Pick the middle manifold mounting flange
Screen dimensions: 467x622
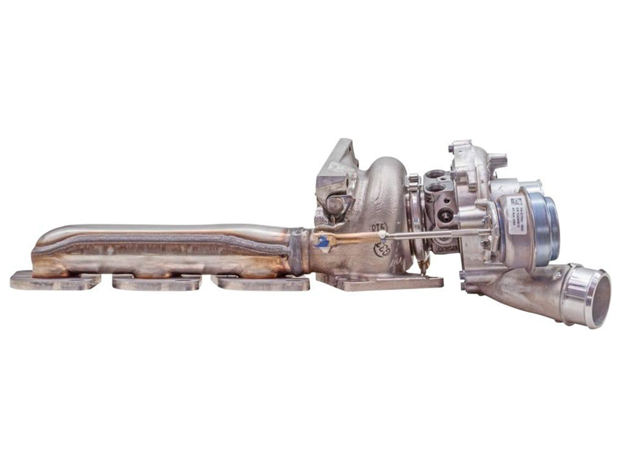tap(157, 282)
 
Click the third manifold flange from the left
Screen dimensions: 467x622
tap(261, 283)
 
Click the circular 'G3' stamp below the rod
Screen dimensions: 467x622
tap(381, 249)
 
